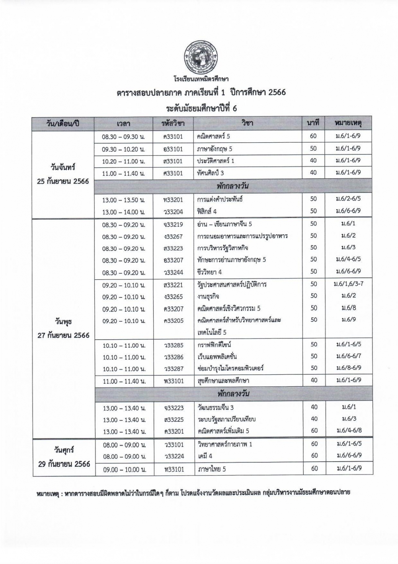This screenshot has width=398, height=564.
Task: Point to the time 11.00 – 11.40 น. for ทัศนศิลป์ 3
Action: [x=123, y=174]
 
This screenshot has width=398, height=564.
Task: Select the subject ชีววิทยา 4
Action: [x=210, y=272]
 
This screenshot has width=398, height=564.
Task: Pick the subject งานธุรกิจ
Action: [x=208, y=297]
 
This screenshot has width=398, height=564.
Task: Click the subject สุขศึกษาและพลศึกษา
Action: [x=223, y=381]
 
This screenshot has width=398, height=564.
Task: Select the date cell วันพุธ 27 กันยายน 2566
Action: [x=64, y=328]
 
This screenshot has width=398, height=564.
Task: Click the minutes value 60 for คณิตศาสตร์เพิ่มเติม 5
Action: [x=314, y=430]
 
